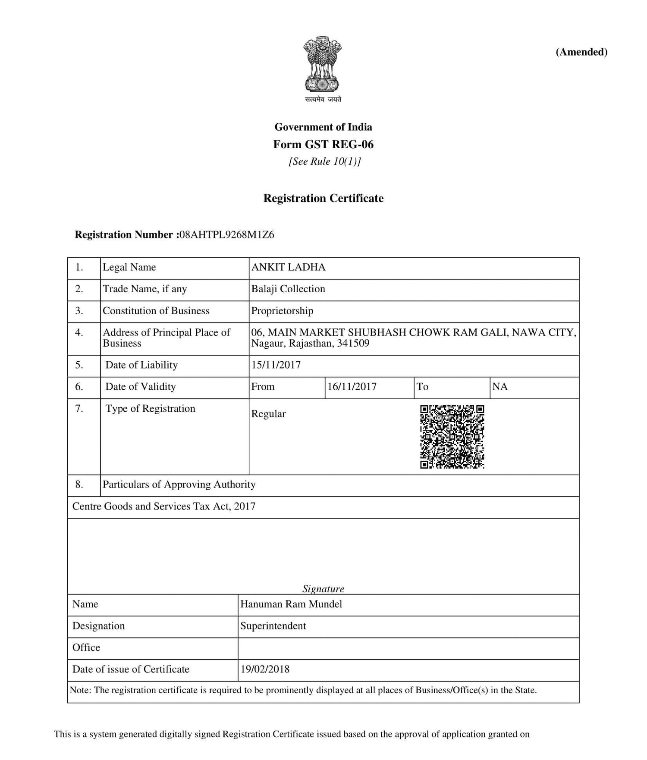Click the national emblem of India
[x=323, y=64]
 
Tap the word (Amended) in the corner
[x=581, y=52]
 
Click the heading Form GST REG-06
[x=323, y=144]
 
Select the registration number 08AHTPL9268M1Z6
[x=227, y=235]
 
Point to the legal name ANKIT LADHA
[x=288, y=267]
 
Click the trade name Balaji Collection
[x=288, y=289]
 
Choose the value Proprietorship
[x=282, y=311]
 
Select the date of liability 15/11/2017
[x=276, y=365]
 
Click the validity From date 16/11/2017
[x=352, y=387]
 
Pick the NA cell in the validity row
[x=500, y=387]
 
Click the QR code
[x=452, y=437]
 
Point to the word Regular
[x=268, y=414]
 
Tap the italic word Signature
[x=323, y=589]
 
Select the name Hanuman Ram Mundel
[x=291, y=604]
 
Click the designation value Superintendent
[x=273, y=626]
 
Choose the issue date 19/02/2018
[x=265, y=669]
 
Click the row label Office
[x=86, y=647]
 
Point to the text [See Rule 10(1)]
[x=324, y=162]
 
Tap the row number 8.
[x=79, y=485]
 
